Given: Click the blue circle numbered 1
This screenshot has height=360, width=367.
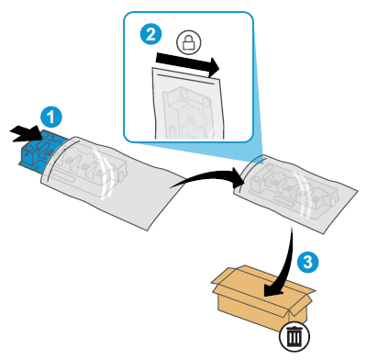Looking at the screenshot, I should [52, 116].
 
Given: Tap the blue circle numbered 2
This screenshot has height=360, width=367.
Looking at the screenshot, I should [147, 35].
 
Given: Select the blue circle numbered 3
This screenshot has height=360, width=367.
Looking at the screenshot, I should [310, 262].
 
